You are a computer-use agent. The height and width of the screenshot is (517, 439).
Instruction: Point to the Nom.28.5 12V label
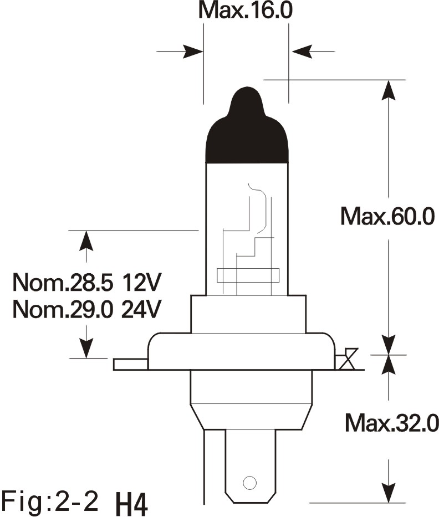point(86,283)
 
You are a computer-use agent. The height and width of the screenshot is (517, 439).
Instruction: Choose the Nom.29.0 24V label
point(86,310)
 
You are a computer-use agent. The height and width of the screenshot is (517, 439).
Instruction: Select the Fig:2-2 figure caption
point(50,501)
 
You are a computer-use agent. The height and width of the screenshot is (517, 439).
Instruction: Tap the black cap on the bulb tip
point(247,125)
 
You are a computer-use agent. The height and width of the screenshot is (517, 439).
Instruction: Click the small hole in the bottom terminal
point(249,483)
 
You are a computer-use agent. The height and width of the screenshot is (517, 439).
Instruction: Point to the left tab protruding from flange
point(130,365)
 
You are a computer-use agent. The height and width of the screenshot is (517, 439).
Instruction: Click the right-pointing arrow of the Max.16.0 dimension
point(180,52)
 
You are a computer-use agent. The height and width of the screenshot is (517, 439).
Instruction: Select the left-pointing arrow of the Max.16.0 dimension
point(313,52)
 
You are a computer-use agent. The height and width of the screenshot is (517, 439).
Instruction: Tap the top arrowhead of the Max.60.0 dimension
point(389,90)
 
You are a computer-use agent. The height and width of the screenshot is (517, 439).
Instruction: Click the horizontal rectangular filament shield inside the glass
point(248,275)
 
